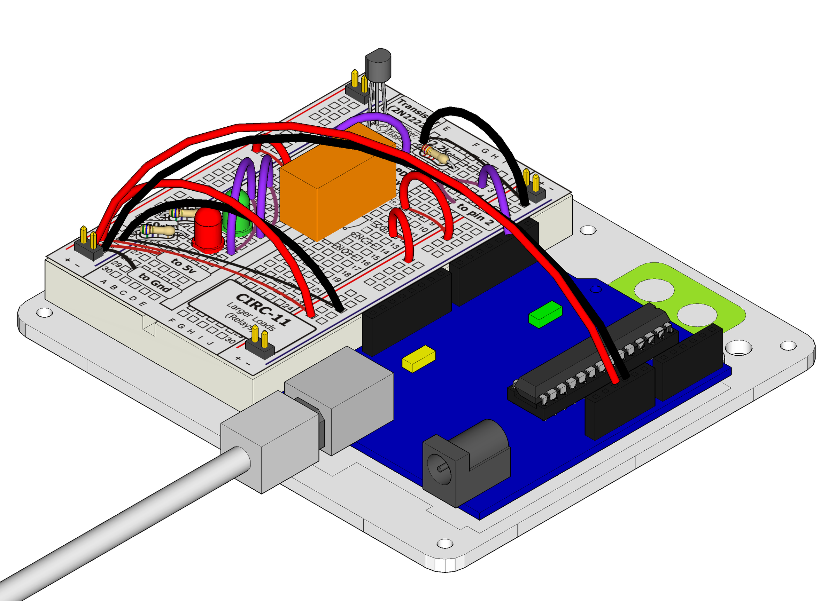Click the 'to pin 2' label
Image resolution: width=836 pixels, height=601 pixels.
[475, 214]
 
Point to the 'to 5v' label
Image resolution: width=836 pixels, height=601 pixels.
[183, 265]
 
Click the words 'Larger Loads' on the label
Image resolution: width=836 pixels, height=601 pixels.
[251, 316]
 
